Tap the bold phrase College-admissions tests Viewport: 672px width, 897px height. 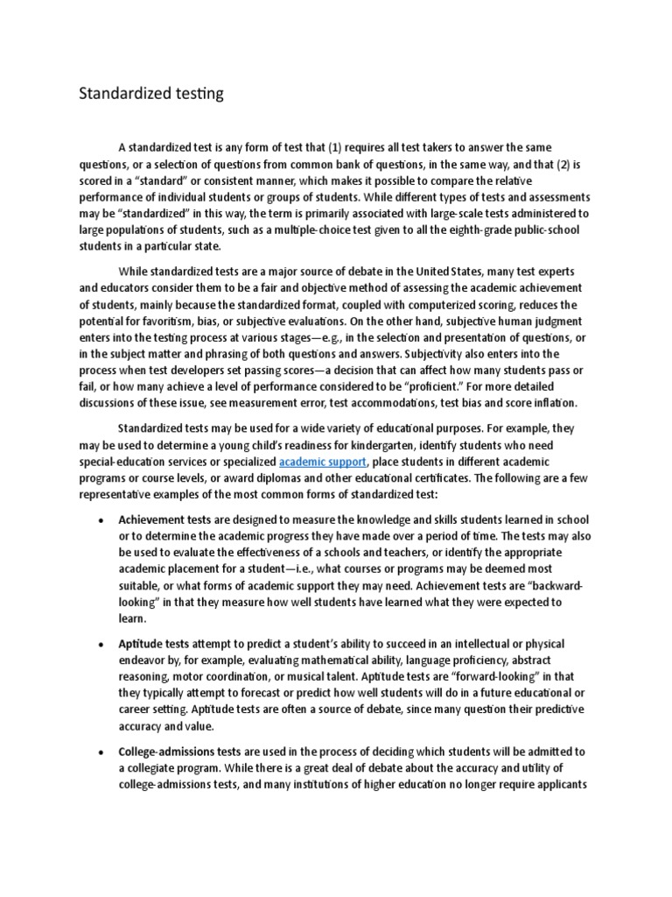(x=188, y=752)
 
